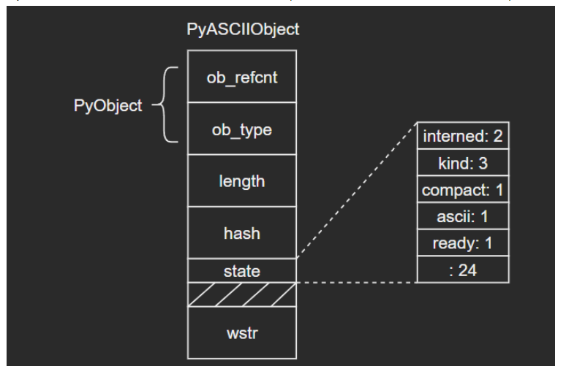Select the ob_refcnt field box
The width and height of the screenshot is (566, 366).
pyautogui.click(x=243, y=77)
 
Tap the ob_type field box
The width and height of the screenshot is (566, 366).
pyautogui.click(x=243, y=129)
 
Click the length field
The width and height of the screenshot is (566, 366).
pyautogui.click(x=243, y=180)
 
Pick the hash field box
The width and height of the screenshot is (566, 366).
pyautogui.click(x=243, y=232)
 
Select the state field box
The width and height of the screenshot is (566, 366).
pyautogui.click(x=243, y=270)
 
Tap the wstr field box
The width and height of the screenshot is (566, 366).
pyautogui.click(x=243, y=334)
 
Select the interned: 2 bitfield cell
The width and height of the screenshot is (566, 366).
pyautogui.click(x=462, y=136)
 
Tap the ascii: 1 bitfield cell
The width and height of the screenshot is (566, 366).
pyautogui.click(x=462, y=216)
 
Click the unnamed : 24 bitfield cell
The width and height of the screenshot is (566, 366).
pyautogui.click(x=462, y=268)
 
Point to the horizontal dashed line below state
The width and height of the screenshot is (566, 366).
pyautogui.click(x=357, y=283)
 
